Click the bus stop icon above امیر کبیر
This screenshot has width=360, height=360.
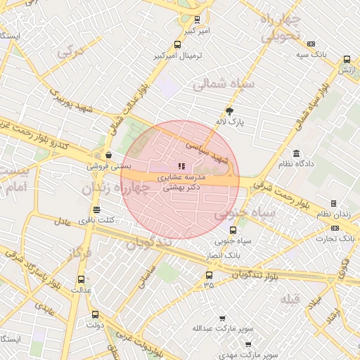pyautogui.click(x=197, y=20)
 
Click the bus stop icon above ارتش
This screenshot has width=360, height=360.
pyautogui.click(x=347, y=60)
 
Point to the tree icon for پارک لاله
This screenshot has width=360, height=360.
pyautogui.click(x=230, y=110)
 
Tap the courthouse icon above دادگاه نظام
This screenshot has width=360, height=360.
pyautogui.click(x=296, y=153)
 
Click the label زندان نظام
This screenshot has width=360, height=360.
pyautogui.click(x=333, y=213)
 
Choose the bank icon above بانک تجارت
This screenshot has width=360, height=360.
pyautogui.click(x=335, y=227)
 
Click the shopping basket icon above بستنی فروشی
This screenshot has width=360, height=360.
pyautogui.click(x=108, y=155)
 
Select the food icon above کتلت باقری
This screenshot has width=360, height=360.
pyautogui.click(x=96, y=210)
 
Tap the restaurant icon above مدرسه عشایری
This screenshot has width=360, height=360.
pyautogui.click(x=181, y=167)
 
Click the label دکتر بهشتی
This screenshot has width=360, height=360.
pyautogui.click(x=182, y=188)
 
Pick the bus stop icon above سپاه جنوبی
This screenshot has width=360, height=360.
pyautogui.click(x=233, y=229)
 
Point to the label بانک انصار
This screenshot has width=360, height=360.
pyautogui.click(x=223, y=253)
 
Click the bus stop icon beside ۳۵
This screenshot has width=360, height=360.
pyautogui.click(x=209, y=275)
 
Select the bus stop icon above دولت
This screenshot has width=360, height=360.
pyautogui.click(x=95, y=315)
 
